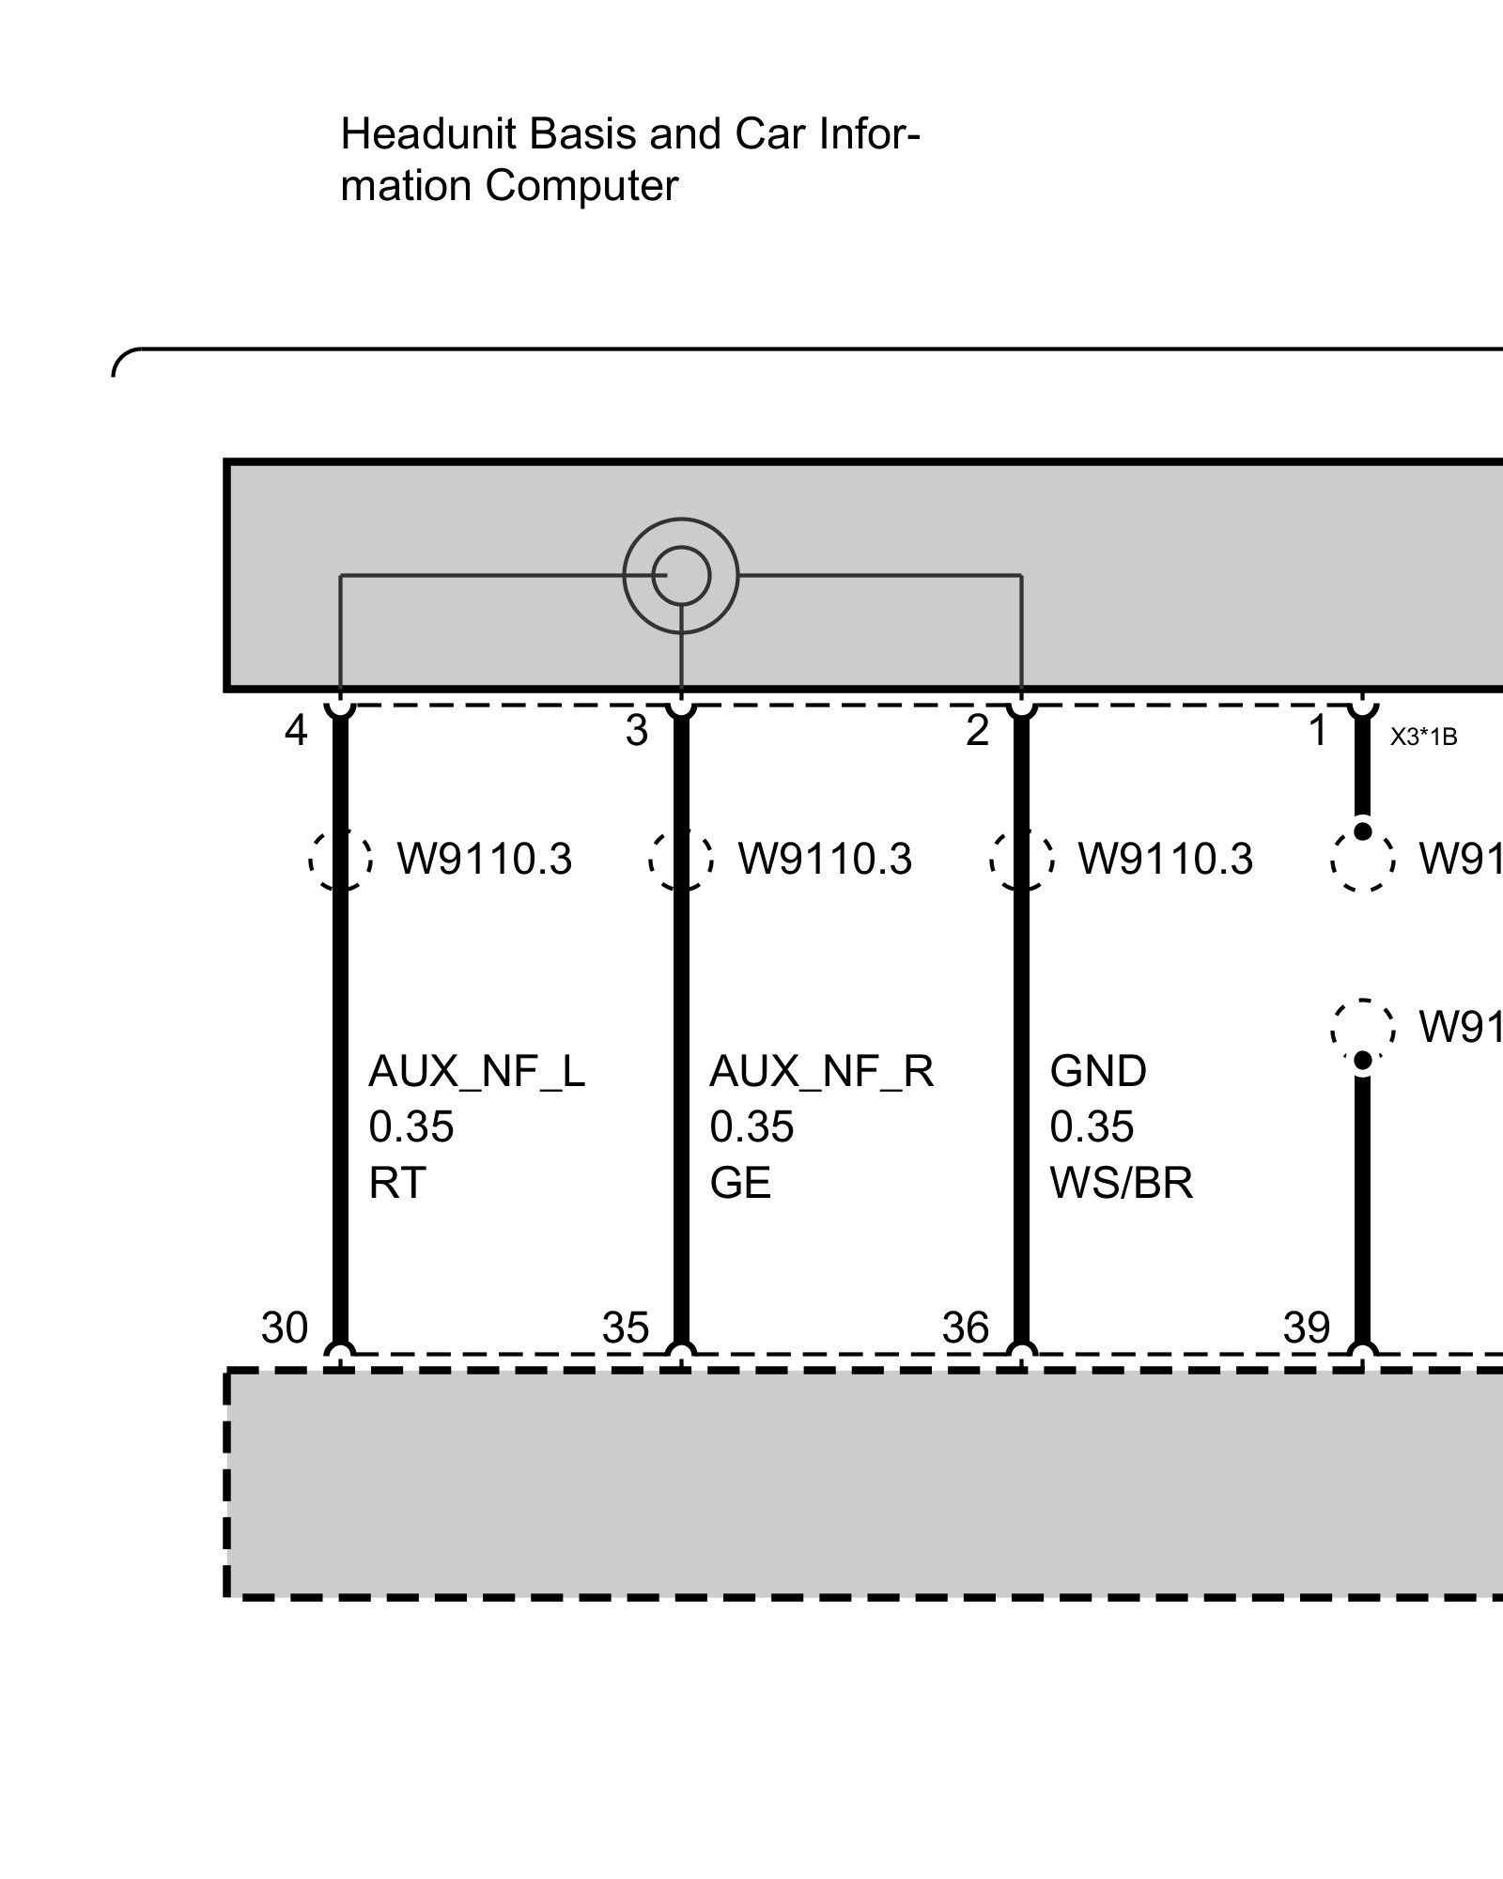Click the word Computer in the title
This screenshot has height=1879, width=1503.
pos(581,186)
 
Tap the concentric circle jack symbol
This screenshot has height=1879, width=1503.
pos(681,575)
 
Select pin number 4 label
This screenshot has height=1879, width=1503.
pos(296,731)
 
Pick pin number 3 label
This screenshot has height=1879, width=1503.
pos(637,731)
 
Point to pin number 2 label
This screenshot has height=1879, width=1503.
pos(978,731)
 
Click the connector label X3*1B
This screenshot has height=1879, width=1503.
pos(1423,738)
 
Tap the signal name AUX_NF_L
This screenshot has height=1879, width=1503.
pos(476,1072)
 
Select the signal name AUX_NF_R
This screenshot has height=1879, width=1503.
pos(821,1072)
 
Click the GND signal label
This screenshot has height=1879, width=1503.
pos(1098,1072)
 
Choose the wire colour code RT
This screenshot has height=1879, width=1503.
pos(397,1184)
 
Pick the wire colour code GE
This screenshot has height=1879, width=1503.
pos(740,1184)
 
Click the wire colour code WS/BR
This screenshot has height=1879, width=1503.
pos(1122,1184)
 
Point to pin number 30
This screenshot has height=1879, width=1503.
pos(285,1328)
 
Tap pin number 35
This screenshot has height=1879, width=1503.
pos(626,1328)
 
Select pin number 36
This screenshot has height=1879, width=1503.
pos(966,1328)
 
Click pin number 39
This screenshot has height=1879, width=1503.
pos(1307,1328)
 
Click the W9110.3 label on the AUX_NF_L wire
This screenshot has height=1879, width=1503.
pos(485,860)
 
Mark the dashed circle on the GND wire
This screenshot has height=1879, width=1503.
pos(1021,860)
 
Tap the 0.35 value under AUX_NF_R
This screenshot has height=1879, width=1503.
pos(751,1127)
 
